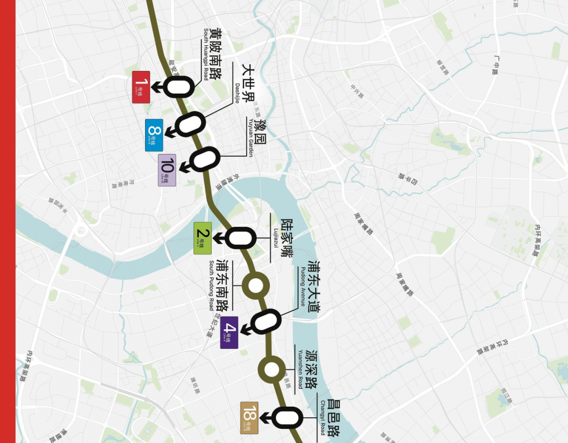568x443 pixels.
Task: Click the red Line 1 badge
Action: (141, 87)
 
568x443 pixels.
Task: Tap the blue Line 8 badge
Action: (154, 135)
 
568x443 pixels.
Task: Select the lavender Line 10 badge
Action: (167, 169)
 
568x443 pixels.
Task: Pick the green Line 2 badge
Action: (202, 238)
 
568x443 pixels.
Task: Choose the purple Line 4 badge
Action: (229, 333)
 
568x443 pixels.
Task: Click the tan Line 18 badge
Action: (249, 418)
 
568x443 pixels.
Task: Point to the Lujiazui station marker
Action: (241, 238)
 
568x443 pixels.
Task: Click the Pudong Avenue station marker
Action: (265, 321)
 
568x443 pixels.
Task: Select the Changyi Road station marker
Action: (287, 418)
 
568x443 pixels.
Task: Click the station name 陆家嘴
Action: (287, 238)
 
